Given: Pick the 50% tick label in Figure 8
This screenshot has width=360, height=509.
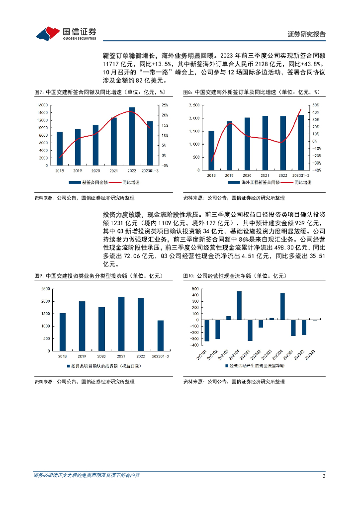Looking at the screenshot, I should (x=315, y=105).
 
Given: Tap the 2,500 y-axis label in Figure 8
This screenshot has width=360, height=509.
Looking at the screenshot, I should (x=194, y=105).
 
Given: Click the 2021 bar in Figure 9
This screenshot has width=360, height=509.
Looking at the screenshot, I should (x=121, y=324).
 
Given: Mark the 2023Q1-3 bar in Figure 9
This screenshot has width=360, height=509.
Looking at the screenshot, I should (x=160, y=336).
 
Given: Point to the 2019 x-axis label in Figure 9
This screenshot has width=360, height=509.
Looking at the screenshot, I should (x=82, y=356).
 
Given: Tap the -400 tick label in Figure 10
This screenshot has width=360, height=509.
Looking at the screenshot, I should (x=193, y=344).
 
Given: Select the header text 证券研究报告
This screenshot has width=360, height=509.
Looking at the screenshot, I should (x=307, y=34).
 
